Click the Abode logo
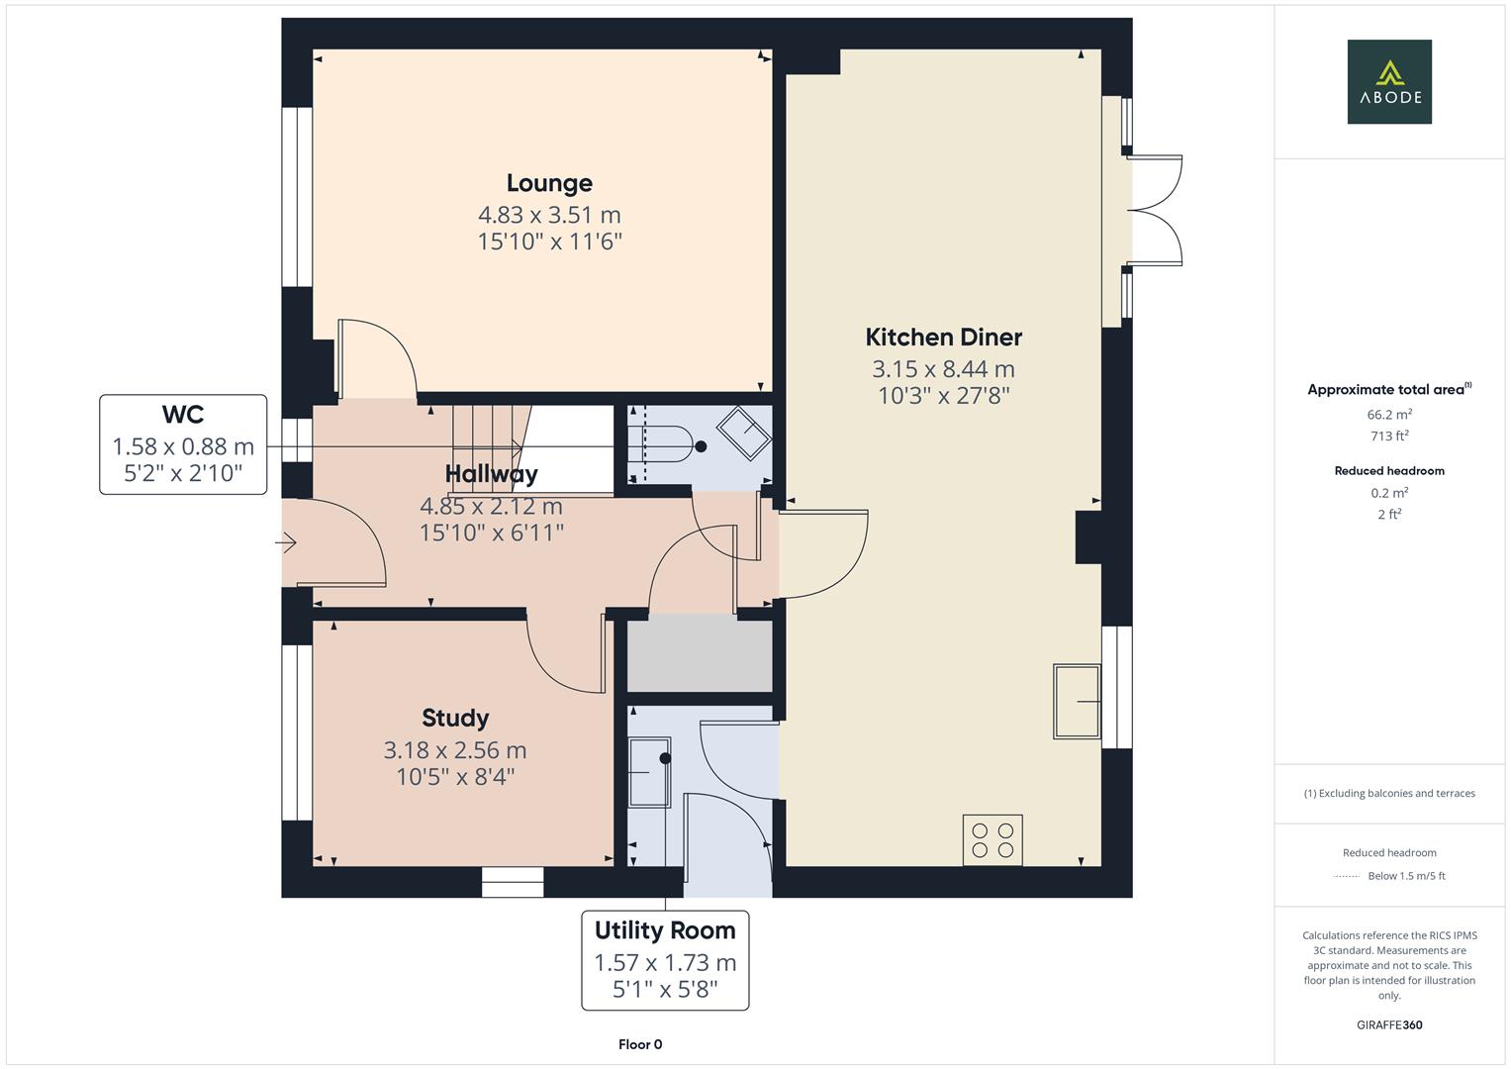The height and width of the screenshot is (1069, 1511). pyautogui.click(x=1388, y=82)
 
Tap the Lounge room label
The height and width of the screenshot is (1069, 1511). pyautogui.click(x=549, y=183)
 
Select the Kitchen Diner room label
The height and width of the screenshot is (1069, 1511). pyautogui.click(x=943, y=338)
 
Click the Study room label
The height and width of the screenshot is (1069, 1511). pyautogui.click(x=455, y=718)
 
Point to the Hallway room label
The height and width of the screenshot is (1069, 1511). pyautogui.click(x=491, y=474)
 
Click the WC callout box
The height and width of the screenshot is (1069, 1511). pyautogui.click(x=183, y=444)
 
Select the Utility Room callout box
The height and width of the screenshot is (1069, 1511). pyautogui.click(x=665, y=960)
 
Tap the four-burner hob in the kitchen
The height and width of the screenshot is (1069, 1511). pyautogui.click(x=992, y=840)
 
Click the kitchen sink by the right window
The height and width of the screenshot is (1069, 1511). pyautogui.click(x=1077, y=702)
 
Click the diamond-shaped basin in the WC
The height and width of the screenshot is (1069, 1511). pyautogui.click(x=743, y=434)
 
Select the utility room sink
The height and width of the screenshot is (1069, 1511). pyautogui.click(x=649, y=771)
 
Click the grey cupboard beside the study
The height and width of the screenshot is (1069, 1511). pyautogui.click(x=700, y=656)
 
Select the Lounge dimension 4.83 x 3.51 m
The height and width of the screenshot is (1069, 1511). pyautogui.click(x=549, y=215)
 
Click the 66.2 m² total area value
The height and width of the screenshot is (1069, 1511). pyautogui.click(x=1388, y=415)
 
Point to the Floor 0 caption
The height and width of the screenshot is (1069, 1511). pyautogui.click(x=640, y=1044)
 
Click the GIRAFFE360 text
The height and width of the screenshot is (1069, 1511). pyautogui.click(x=1388, y=1024)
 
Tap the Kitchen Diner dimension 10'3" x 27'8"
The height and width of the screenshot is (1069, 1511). pyautogui.click(x=943, y=396)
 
